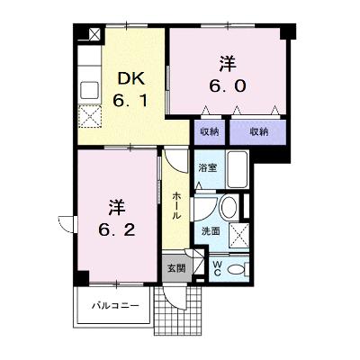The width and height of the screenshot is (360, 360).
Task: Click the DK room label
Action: click(131, 78)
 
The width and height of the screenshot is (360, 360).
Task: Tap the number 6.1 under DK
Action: click(130, 101)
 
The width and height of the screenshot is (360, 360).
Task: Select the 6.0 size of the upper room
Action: click(228, 86)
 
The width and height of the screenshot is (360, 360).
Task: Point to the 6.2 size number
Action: click(117, 230)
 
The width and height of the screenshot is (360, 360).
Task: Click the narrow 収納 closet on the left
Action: click(209, 131)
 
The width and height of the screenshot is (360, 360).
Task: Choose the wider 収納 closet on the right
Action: click(258, 131)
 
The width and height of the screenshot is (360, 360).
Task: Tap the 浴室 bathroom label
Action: click(208, 168)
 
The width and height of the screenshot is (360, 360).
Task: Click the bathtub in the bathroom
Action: click(237, 169)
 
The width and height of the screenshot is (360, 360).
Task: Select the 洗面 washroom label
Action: click(211, 231)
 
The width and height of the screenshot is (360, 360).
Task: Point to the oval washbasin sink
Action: click(229, 207)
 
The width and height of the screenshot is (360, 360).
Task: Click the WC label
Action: click(217, 268)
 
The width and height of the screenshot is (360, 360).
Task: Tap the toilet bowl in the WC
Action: click(236, 269)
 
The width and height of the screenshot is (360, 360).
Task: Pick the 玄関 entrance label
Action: click(176, 268)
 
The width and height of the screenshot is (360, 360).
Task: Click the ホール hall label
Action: click(176, 206)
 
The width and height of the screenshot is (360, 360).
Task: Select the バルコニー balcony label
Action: click(115, 306)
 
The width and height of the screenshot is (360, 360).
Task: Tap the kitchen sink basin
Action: click(89, 90)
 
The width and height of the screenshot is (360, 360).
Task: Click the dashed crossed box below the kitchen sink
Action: click(89, 116)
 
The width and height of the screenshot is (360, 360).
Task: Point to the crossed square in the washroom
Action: click(239, 235)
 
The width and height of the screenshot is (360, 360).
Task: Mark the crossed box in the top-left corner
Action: click(94, 33)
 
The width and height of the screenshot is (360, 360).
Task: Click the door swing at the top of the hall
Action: click(176, 160)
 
